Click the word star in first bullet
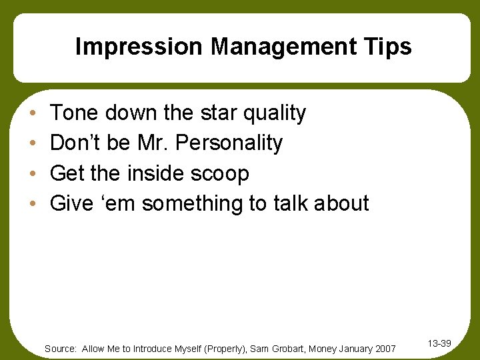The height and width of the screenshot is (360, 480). point(215,113)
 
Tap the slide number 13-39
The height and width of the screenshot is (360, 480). point(439,343)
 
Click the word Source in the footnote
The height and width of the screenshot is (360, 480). point(61,349)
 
